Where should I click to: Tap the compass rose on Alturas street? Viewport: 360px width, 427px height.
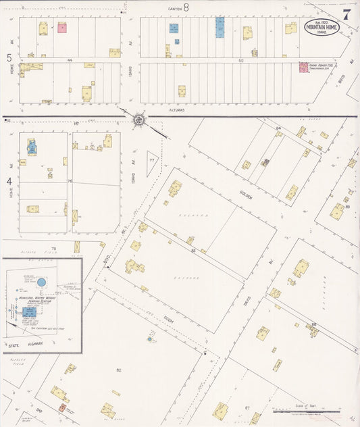tap(138, 120)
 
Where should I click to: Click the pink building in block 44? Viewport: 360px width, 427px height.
tap(62, 28)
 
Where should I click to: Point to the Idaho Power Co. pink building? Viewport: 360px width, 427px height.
tap(303, 68)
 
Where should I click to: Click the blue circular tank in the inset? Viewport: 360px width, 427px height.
tap(41, 282)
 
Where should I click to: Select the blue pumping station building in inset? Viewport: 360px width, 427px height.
tap(30, 312)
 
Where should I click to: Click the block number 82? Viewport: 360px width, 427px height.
tap(119, 370)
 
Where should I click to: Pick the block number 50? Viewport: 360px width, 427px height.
tap(240, 61)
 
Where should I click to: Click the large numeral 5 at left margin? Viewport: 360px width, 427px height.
tap(9, 57)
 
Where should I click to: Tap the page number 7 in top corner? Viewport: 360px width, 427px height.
tap(346, 14)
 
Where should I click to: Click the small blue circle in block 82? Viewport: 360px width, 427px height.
tap(150, 338)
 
